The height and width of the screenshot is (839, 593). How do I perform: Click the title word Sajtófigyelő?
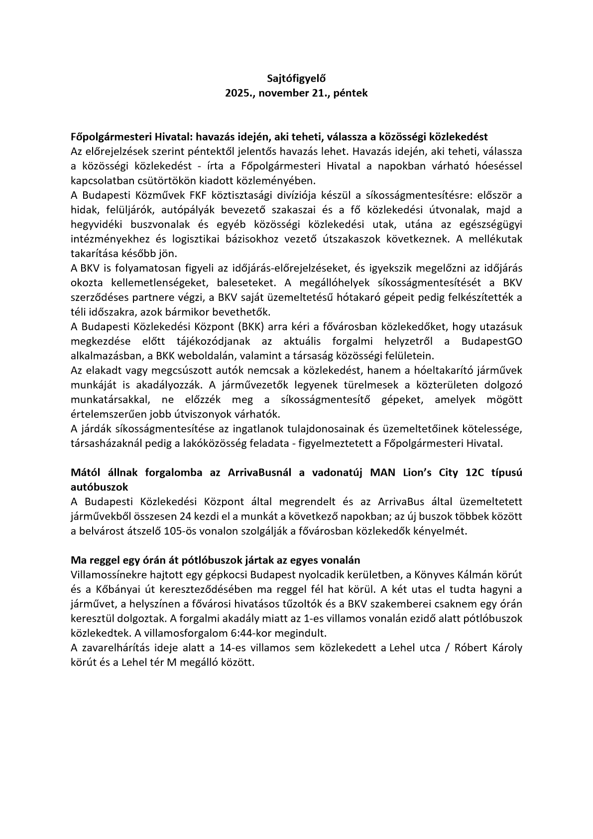[296, 78]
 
